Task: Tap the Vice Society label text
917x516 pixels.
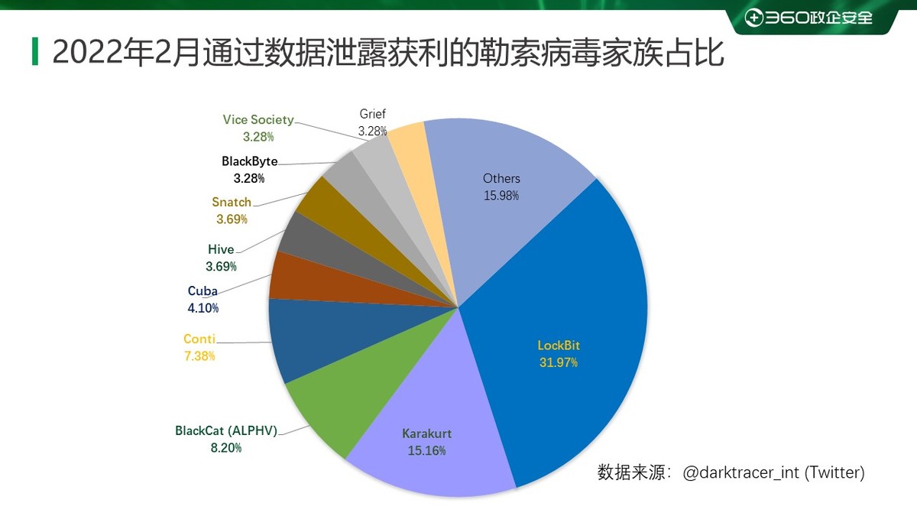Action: pyautogui.click(x=258, y=120)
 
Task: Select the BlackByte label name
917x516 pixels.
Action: pyautogui.click(x=249, y=161)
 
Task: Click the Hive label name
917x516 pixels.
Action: pyautogui.click(x=221, y=250)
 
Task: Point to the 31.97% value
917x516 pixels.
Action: pyautogui.click(x=559, y=362)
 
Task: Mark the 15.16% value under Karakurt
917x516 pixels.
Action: pyautogui.click(x=426, y=450)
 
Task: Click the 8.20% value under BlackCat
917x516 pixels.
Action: pyautogui.click(x=226, y=447)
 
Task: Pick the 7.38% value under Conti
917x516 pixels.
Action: pyautogui.click(x=199, y=355)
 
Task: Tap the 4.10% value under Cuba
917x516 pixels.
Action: pyautogui.click(x=203, y=308)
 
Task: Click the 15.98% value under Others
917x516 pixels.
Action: pyautogui.click(x=501, y=195)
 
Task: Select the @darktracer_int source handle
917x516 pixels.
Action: pyautogui.click(x=740, y=472)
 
